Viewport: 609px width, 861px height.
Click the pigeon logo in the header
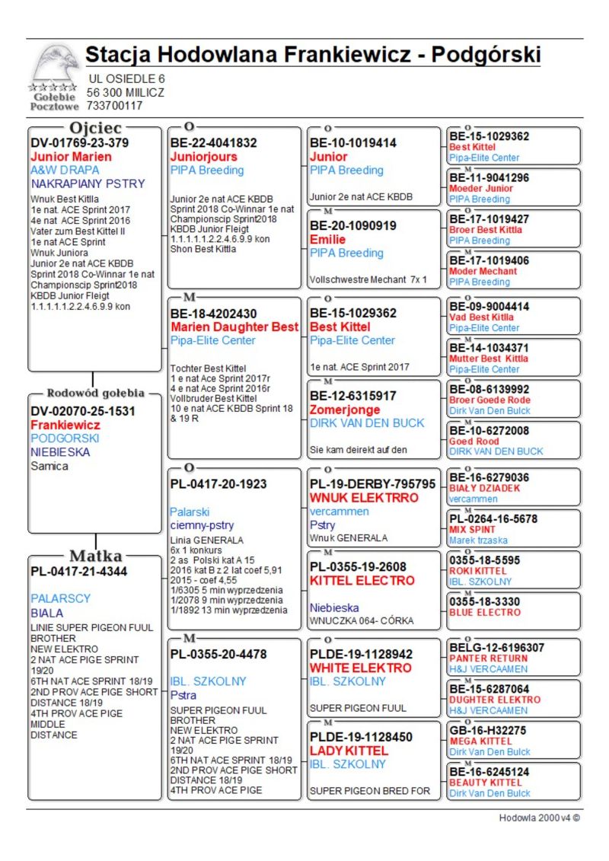click(55, 64)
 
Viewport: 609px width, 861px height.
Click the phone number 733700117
click(114, 106)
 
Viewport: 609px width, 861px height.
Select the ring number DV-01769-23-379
click(79, 142)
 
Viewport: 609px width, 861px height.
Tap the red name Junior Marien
click(71, 157)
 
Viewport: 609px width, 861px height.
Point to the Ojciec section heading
click(95, 127)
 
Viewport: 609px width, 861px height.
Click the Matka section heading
click(96, 556)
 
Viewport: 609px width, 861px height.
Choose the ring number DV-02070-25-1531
click(83, 411)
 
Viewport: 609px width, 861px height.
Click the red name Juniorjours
click(203, 157)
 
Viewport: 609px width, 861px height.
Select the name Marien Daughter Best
click(234, 327)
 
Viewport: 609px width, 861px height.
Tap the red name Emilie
click(328, 239)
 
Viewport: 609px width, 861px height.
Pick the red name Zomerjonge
click(345, 410)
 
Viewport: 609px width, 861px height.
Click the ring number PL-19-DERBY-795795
click(372, 484)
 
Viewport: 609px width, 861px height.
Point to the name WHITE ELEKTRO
click(350, 668)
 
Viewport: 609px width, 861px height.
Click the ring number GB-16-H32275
click(487, 730)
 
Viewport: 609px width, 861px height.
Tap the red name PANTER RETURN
click(488, 658)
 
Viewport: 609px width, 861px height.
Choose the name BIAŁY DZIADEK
click(484, 488)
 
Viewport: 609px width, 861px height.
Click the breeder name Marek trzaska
click(478, 540)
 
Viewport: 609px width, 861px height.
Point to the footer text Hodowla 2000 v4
click(540, 818)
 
